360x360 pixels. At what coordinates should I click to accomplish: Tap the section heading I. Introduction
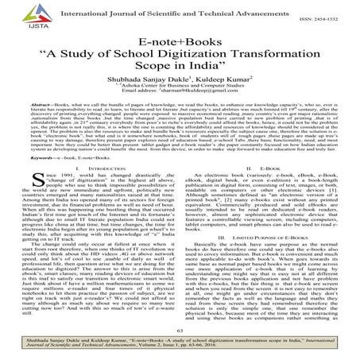(x=96, y=182)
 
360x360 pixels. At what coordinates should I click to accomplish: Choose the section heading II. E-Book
(x=265, y=182)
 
